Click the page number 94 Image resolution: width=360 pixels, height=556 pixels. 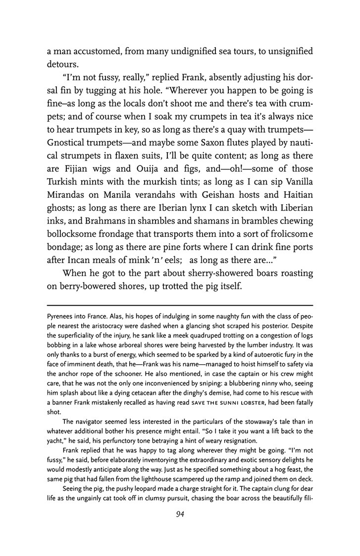[180, 528]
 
